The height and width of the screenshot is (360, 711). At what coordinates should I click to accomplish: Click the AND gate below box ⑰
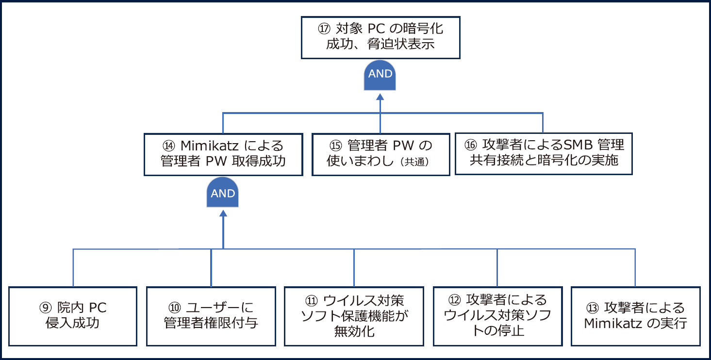(x=380, y=76)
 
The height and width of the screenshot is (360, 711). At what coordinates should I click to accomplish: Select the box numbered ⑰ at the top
(x=380, y=37)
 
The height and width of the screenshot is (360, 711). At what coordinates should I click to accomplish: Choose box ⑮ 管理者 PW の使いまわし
(x=380, y=153)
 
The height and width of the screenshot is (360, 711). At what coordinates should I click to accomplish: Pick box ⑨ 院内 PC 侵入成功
(x=73, y=316)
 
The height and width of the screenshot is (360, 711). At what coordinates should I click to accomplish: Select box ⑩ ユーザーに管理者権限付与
(x=211, y=316)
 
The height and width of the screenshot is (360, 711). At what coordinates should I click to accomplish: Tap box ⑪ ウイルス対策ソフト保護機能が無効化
(x=354, y=316)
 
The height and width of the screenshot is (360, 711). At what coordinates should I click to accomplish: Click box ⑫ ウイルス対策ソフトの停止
(x=497, y=316)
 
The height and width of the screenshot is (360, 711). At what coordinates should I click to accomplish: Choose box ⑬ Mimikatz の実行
(x=636, y=316)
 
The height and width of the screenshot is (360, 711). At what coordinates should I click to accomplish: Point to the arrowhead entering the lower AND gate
(x=223, y=213)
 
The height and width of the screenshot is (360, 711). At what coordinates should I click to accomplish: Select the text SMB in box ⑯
(x=579, y=145)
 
